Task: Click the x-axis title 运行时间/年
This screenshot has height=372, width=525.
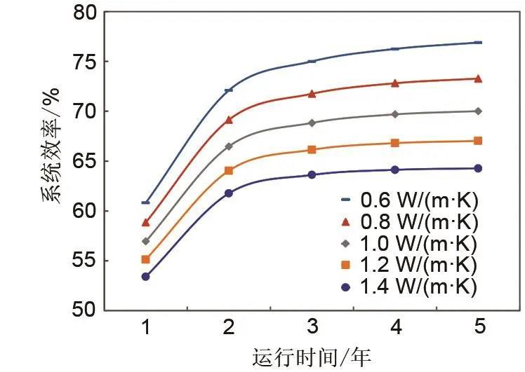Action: click(x=311, y=357)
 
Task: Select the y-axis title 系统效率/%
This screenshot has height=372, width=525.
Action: click(x=51, y=163)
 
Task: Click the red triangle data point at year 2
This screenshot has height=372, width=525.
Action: click(x=229, y=120)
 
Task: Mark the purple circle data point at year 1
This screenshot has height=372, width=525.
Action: click(x=145, y=277)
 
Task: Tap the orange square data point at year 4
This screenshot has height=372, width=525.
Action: click(x=395, y=143)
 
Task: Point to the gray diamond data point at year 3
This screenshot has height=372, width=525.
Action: click(x=312, y=123)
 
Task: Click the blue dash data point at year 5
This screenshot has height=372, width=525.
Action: click(x=478, y=43)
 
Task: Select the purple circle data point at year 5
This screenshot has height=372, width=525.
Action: click(x=478, y=168)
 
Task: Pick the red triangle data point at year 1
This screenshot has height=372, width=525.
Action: click(x=145, y=222)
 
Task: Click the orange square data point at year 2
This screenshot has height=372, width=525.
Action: click(x=229, y=170)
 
